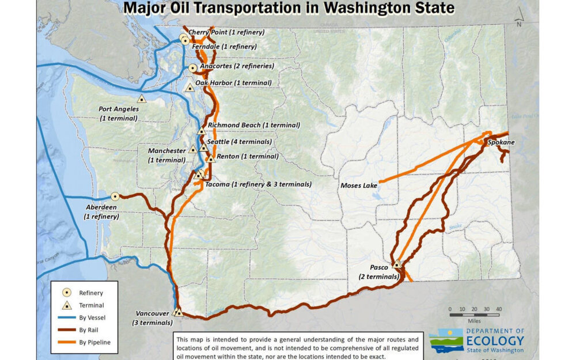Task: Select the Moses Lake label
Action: (358, 185)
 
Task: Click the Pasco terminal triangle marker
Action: (396, 264)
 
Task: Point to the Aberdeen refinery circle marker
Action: (115, 196)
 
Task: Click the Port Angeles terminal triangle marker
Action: (141, 98)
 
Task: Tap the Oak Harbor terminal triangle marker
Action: (190, 88)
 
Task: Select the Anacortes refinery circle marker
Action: (193, 68)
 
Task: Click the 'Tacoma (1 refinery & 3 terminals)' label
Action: (258, 185)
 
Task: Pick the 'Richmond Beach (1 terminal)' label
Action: (254, 125)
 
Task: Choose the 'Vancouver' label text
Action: (153, 313)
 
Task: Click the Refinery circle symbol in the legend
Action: (67, 293)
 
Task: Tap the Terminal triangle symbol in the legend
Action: (67, 305)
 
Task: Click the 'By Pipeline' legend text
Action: (94, 343)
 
